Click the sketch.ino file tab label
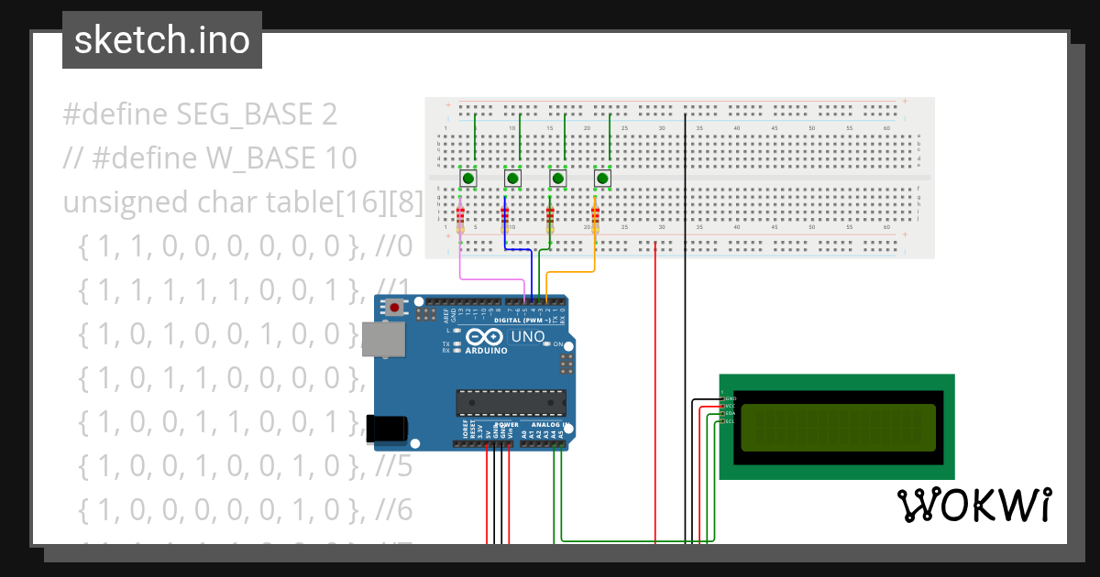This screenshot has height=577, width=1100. pos(161,40)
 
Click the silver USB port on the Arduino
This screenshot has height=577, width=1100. pos(382,339)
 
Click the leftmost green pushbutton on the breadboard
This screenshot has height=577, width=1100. pos(467,178)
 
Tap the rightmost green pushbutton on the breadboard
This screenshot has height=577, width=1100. pos(602,178)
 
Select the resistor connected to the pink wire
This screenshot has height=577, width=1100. pos(459,217)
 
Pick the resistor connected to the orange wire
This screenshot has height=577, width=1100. pos(595,217)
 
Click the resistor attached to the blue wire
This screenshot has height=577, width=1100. pos(504,217)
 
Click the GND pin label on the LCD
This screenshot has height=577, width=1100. pos(730,399)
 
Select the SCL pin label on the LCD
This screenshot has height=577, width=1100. pos(730,421)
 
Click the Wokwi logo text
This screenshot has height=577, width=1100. pos(973,505)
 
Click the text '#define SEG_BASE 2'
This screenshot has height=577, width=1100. pos(200,114)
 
